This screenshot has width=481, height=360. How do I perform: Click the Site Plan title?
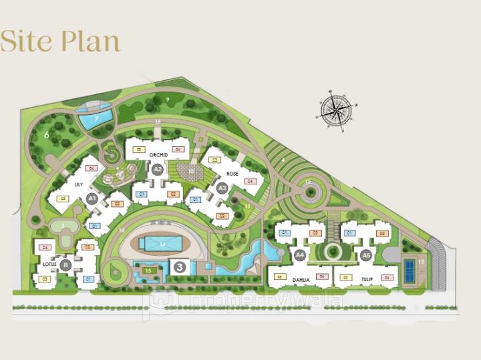[60, 41]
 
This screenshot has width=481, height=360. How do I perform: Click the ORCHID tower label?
[158, 155]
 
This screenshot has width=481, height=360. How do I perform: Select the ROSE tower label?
[232, 174]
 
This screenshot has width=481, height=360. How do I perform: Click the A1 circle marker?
[92, 198]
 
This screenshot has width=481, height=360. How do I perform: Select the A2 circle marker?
[158, 170]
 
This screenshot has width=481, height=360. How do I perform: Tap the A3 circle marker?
[223, 188]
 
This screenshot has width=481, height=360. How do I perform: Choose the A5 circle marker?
[365, 255]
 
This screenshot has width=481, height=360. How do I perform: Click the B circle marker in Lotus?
[65, 265]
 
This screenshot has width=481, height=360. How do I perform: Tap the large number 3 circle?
[179, 266]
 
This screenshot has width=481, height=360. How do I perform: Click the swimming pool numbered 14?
[162, 244]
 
